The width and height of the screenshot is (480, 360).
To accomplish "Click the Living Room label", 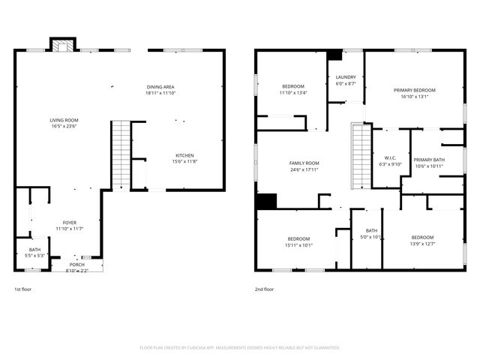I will tap(64, 120).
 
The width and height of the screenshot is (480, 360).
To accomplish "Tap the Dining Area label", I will tap(161, 88).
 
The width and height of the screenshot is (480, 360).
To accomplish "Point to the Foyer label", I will tap(69, 223).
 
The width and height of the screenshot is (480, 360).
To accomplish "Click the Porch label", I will tap(77, 265).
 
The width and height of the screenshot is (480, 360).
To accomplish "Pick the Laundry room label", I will tap(345, 77).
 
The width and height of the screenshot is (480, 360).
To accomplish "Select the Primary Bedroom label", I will tap(414, 90).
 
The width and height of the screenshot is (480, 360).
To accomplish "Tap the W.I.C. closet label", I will tap(391, 137).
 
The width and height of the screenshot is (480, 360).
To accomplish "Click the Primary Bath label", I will tap(429, 160).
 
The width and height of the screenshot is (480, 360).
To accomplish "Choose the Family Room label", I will tap(304, 163).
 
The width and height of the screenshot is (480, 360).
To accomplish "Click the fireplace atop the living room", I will tap(63, 46).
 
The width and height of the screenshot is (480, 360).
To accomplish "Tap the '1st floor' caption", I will tap(22, 289).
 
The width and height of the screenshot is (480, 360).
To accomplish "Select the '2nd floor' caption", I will tap(264, 289).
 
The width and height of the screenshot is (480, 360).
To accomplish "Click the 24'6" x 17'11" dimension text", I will tap(304, 169).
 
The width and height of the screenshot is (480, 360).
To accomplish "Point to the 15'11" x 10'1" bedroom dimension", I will tap(298, 244).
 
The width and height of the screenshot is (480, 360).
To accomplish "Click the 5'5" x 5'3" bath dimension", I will tap(35, 256).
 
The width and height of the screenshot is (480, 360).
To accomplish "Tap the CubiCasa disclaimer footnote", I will tap(240, 347).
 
